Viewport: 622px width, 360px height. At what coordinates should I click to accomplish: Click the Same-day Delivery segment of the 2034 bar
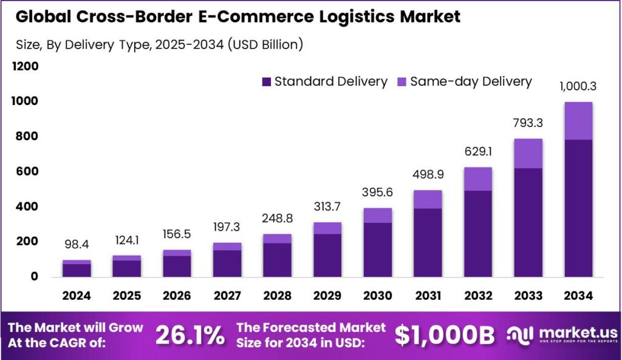pyautogui.click(x=578, y=121)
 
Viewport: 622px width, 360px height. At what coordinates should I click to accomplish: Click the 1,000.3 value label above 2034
pyautogui.click(x=578, y=86)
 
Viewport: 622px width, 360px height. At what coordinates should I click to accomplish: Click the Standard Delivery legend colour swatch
pyautogui.click(x=266, y=82)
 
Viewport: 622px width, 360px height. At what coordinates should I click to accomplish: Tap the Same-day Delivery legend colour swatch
pyautogui.click(x=402, y=82)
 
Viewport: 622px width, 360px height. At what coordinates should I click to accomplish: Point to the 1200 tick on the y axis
pyautogui.click(x=26, y=66)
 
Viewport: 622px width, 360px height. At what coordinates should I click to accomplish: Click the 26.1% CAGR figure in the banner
pyautogui.click(x=190, y=335)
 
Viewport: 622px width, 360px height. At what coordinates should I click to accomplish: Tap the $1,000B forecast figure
pyautogui.click(x=445, y=335)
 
